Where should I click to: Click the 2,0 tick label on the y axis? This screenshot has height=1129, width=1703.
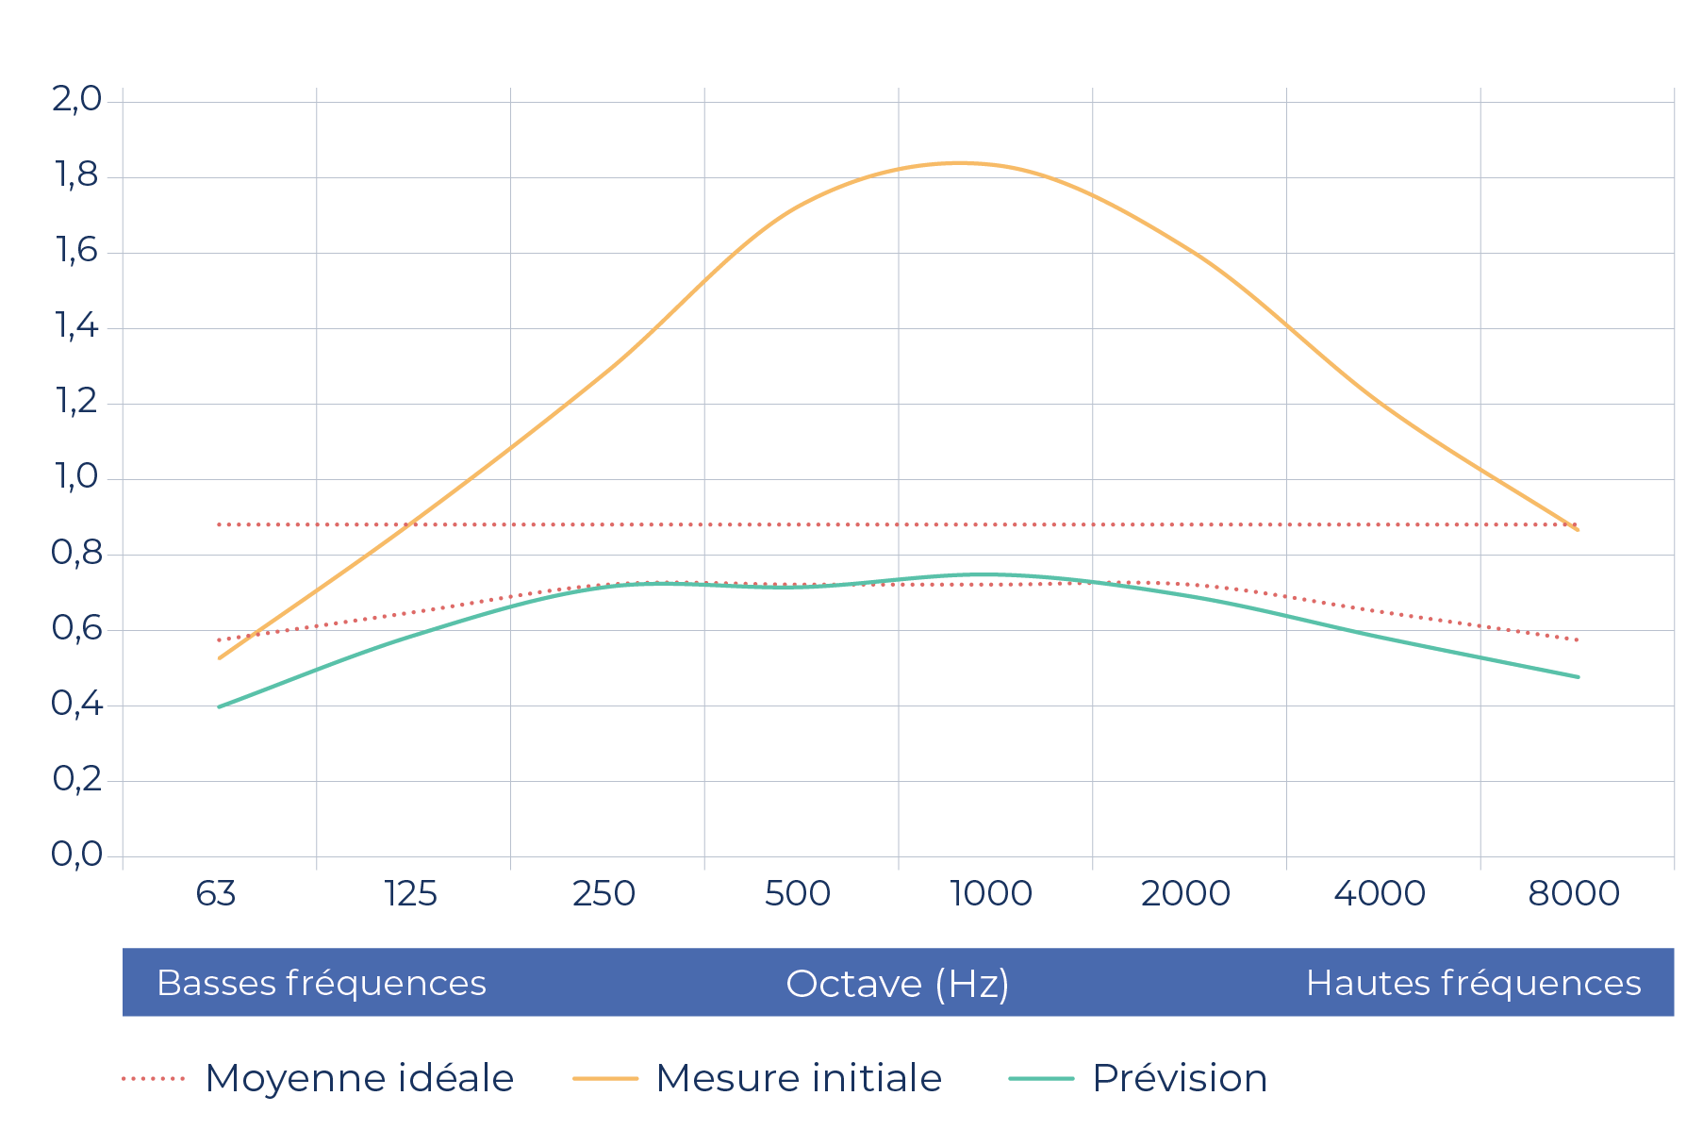point(76,99)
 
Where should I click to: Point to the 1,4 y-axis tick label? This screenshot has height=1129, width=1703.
point(76,326)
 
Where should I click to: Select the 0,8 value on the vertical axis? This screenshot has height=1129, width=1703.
point(76,553)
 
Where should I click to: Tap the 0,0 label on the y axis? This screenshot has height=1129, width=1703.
point(76,855)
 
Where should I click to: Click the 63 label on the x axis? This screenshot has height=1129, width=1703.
point(216,893)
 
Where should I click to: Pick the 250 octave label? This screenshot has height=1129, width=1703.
point(603,893)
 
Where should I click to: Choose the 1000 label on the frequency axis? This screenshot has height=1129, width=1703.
point(991,893)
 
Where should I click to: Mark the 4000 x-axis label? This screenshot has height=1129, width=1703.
point(1380,893)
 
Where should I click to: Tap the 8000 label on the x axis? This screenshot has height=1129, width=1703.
point(1574,893)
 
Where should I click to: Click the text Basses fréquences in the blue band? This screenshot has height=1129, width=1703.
point(322,983)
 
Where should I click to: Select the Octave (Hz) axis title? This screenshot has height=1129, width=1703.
point(898,984)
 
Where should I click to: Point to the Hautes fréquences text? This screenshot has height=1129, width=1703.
point(1474,983)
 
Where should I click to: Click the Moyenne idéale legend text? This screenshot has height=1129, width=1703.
point(359,1078)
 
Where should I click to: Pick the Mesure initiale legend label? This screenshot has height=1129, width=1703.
point(799,1078)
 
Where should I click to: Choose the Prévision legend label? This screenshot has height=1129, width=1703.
point(1180,1078)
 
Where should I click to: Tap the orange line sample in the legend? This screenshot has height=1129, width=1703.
point(605,1078)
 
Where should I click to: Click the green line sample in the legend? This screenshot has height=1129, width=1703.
point(1041,1078)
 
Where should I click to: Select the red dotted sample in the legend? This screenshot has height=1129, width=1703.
point(154,1078)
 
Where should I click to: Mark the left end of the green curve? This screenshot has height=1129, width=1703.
point(220,706)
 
